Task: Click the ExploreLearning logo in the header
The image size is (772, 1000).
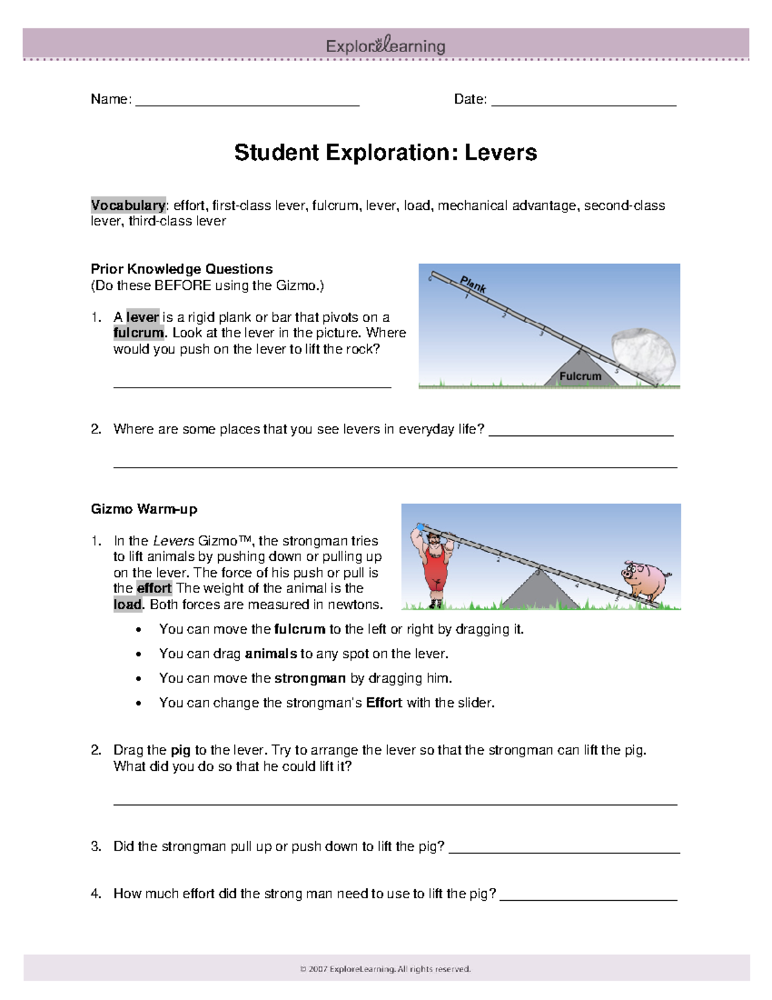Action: tap(385, 46)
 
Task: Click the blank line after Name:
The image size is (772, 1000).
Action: tap(247, 103)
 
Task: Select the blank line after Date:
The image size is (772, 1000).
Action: tap(584, 103)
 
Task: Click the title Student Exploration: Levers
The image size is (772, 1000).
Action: tap(385, 153)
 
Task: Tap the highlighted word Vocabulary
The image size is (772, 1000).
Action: tap(128, 205)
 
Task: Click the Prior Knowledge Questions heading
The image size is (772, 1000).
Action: tap(181, 269)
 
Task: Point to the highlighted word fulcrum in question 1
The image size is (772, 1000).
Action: tap(138, 333)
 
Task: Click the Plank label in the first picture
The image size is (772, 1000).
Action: tap(473, 284)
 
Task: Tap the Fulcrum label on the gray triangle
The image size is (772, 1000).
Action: tap(580, 376)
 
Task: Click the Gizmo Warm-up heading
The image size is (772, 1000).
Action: tap(144, 509)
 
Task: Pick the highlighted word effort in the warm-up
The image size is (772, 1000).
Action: tap(154, 589)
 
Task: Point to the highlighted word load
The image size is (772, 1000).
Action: tap(127, 605)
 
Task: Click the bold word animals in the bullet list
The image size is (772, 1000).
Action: tap(271, 654)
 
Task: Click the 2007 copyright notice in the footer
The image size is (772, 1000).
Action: tap(385, 968)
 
